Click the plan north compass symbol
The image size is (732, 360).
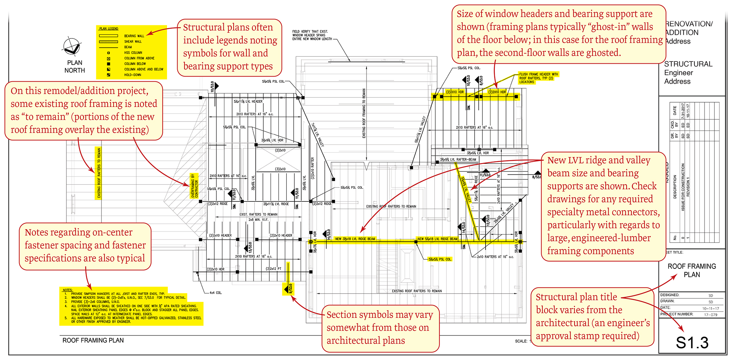pyautogui.click(x=72, y=47)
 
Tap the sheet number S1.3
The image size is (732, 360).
pyautogui.click(x=692, y=343)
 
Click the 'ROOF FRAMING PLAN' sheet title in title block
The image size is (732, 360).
pyautogui.click(x=691, y=270)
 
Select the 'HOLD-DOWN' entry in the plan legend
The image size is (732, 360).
pyautogui.click(x=133, y=75)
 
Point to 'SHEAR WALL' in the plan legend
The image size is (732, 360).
pyautogui.click(x=133, y=41)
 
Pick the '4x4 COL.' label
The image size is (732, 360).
pyautogui.click(x=215, y=293)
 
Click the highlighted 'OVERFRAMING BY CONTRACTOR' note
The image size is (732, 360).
pyautogui.click(x=194, y=186)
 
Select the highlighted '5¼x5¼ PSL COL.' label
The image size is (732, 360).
pyautogui.click(x=440, y=259)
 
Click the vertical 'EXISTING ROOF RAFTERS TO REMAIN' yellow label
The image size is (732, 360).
pyautogui.click(x=99, y=173)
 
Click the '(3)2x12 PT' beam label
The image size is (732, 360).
pyautogui.click(x=274, y=269)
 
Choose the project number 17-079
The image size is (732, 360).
pyautogui.click(x=710, y=315)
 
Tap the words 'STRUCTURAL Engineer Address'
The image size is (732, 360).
pyautogui.click(x=688, y=73)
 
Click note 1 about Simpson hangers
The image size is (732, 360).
pyautogui.click(x=117, y=294)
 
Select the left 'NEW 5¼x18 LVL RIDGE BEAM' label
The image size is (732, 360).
pyautogui.click(x=355, y=239)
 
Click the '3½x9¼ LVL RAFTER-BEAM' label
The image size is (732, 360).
pyautogui.click(x=458, y=160)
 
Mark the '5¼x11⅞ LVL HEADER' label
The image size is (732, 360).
pyautogui.click(x=248, y=101)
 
